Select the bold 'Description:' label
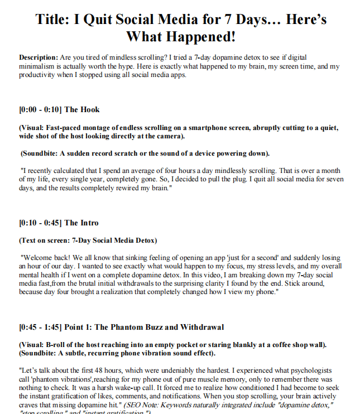coord(39,58)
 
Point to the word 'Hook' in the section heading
coord(90,109)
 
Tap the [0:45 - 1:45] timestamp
coord(40,326)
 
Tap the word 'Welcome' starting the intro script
coord(39,258)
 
